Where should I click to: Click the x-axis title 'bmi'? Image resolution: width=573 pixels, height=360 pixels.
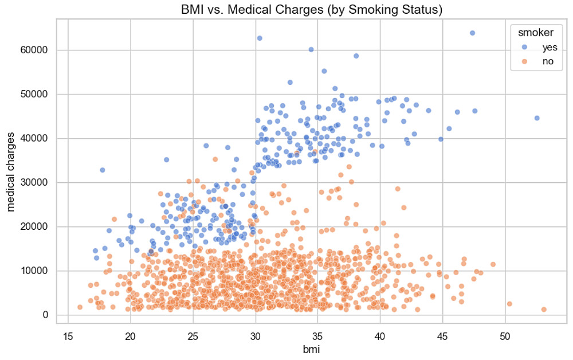[312, 349]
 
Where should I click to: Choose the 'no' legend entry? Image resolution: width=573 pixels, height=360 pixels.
[540, 62]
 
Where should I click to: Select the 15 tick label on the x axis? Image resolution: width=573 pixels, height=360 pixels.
[68, 336]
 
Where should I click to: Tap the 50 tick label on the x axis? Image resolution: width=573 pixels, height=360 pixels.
[505, 336]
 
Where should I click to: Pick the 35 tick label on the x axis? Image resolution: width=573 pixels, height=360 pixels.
[317, 336]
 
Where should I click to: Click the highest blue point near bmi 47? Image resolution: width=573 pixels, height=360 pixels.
[473, 33]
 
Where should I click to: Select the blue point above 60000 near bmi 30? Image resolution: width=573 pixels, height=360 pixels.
[259, 38]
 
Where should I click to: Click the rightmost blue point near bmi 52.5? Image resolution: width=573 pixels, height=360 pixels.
[537, 118]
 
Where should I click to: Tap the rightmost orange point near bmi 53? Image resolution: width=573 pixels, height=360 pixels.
[544, 310]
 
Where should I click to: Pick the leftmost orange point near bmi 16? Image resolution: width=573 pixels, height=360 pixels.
[80, 307]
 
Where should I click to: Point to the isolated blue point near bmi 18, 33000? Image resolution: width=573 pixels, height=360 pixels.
[103, 170]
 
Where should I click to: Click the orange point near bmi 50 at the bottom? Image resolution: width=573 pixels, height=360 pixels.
[509, 304]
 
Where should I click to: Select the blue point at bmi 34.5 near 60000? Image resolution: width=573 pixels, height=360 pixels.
[311, 50]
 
